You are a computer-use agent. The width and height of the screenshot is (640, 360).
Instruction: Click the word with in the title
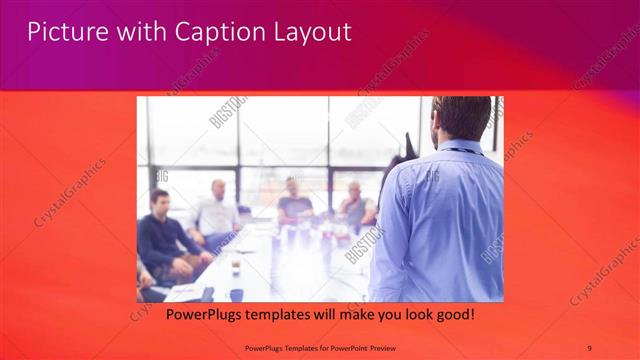pyautogui.click(x=141, y=32)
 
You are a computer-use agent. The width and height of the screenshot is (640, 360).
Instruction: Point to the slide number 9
pyautogui.click(x=589, y=347)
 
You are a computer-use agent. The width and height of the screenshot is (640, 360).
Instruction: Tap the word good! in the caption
pyautogui.click(x=452, y=315)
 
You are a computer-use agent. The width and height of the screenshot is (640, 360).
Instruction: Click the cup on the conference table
pyautogui.click(x=236, y=266)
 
